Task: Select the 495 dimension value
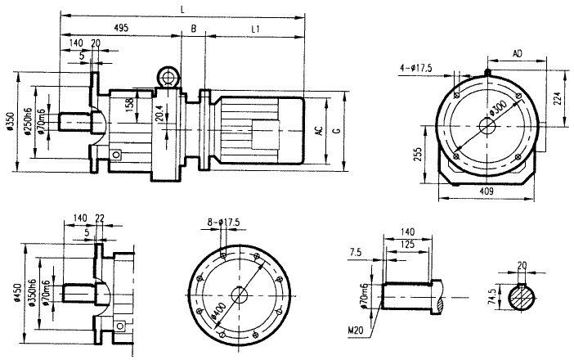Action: click(120, 28)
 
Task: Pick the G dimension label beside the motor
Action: click(338, 129)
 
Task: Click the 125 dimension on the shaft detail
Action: click(406, 245)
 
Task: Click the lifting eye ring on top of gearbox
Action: click(168, 78)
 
